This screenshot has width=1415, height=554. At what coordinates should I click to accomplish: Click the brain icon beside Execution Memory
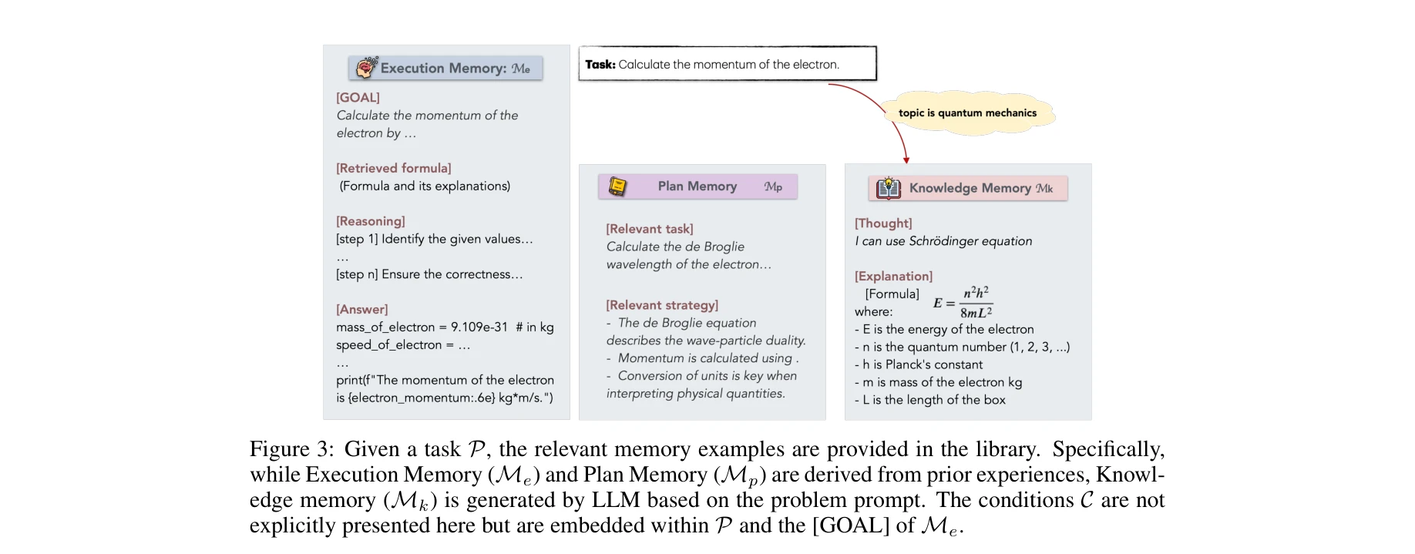tap(367, 68)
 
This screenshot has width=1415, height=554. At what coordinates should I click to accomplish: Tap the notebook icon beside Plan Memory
tap(617, 186)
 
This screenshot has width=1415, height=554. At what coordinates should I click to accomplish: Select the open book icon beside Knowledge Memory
tap(889, 188)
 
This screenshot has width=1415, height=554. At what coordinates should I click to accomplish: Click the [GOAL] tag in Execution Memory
tap(358, 98)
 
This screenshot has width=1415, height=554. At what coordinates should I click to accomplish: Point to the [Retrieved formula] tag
tap(394, 168)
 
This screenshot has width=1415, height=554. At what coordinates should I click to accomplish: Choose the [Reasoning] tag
tap(371, 221)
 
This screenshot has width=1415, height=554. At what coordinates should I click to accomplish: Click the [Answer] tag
tap(362, 309)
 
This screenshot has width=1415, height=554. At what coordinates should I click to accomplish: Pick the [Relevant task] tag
tap(650, 229)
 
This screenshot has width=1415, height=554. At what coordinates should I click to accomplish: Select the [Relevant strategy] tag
tap(662, 305)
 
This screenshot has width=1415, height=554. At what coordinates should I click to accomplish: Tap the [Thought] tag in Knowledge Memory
tap(883, 223)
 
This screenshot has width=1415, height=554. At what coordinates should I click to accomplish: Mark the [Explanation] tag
tap(893, 276)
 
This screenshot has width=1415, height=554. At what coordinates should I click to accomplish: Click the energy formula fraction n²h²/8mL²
tap(976, 303)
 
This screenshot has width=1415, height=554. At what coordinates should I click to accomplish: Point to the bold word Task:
tap(600, 65)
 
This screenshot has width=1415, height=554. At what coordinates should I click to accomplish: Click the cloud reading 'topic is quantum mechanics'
tap(967, 113)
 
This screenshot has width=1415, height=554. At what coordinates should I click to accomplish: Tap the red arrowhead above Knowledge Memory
tap(906, 159)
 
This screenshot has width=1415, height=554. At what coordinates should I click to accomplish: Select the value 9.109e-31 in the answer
tap(479, 327)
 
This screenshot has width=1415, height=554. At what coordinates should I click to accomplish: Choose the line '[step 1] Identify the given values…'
tap(435, 239)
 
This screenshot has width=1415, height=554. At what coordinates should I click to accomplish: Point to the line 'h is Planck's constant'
tap(922, 364)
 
